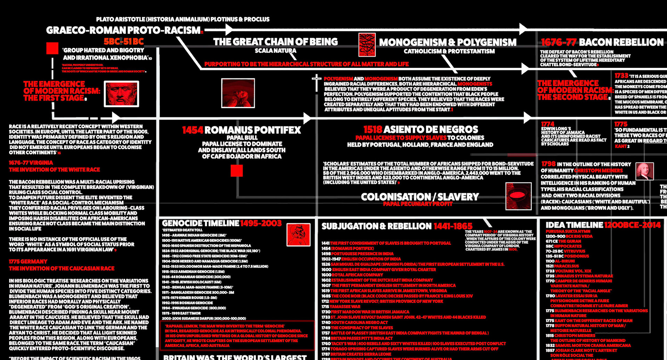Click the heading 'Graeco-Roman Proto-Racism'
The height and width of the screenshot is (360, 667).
(123, 30)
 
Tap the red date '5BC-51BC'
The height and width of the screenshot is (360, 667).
(124, 42)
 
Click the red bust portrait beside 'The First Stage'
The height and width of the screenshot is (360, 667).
(122, 94)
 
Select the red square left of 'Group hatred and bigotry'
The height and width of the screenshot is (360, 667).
(52, 48)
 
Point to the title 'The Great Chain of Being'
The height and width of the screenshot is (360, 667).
(275, 42)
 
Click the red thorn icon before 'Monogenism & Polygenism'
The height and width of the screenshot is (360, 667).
(367, 45)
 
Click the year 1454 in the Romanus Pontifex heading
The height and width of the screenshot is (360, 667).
(192, 130)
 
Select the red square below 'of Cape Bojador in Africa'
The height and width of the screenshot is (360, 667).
(237, 171)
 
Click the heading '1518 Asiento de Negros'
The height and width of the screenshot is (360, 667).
(420, 130)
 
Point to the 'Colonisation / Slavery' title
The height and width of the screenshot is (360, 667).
(420, 197)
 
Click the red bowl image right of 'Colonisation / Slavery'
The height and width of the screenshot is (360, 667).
(518, 196)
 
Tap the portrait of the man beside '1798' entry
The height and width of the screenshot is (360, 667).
(644, 171)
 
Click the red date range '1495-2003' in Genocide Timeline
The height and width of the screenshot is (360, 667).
(261, 223)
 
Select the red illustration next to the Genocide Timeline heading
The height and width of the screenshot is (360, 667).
(298, 235)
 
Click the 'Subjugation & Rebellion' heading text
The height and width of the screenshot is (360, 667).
(376, 226)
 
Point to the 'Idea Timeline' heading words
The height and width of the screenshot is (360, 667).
(574, 225)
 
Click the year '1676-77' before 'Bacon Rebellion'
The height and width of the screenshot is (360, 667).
(558, 43)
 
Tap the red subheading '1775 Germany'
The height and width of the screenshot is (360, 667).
(28, 262)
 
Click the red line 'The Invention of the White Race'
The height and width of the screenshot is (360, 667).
(54, 170)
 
